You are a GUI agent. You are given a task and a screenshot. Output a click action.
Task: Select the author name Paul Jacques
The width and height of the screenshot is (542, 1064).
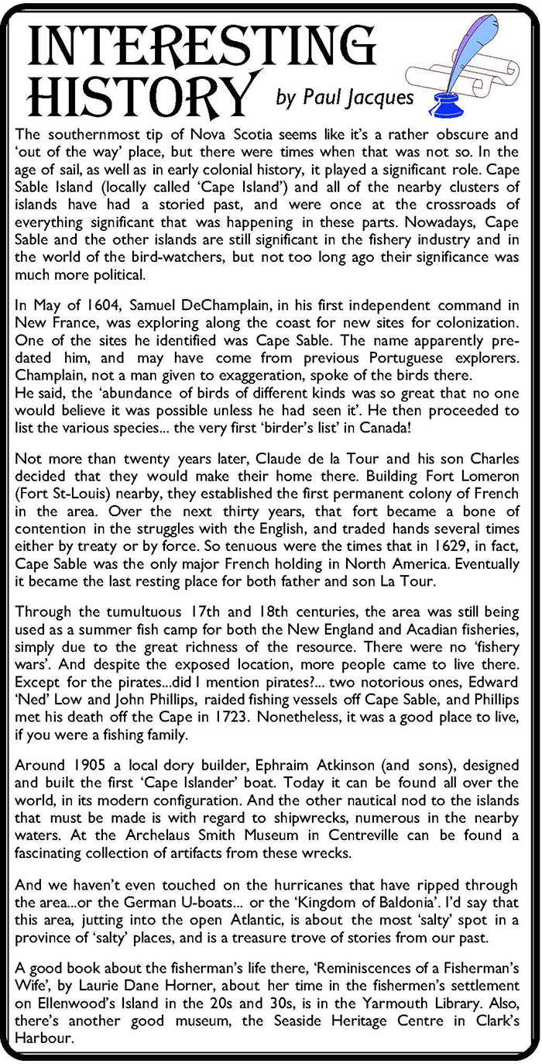point(345,97)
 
